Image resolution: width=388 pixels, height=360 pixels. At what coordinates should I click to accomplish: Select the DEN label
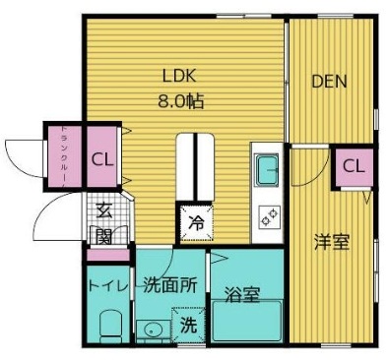(329, 82)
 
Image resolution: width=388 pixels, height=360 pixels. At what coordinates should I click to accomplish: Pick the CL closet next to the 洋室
(354, 166)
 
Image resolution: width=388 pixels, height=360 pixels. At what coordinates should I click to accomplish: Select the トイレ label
(106, 286)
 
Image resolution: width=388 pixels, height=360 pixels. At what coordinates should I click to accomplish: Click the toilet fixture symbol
(107, 324)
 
